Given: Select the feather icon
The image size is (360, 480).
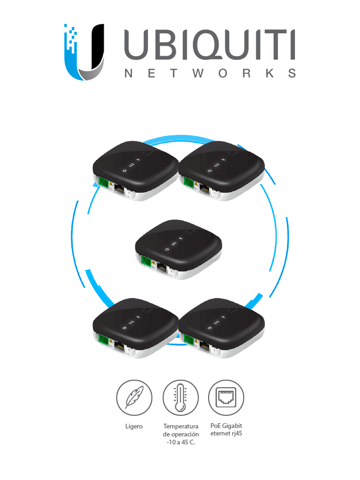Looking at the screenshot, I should click(x=134, y=397).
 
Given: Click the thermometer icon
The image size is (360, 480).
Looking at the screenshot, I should click(x=180, y=397).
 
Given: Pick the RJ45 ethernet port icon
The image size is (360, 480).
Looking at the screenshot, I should click(x=226, y=397).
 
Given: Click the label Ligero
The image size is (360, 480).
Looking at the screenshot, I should click(x=134, y=427).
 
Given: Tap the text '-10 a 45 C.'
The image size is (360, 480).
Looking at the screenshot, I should click(x=180, y=442).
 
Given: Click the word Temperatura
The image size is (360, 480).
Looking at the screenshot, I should click(x=180, y=427).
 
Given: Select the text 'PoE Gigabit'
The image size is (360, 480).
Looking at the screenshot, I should click(x=226, y=426).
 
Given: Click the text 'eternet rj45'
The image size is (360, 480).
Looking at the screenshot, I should click(x=226, y=434).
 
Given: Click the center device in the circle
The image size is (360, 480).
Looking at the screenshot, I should click(x=179, y=248).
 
